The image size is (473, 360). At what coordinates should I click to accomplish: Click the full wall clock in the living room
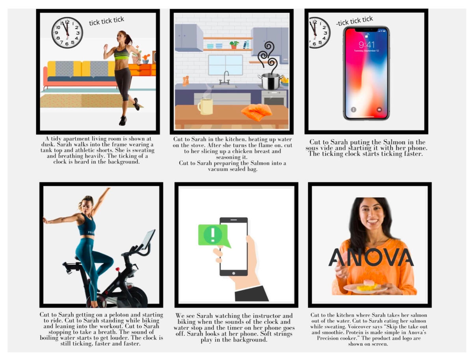click(x=67, y=33)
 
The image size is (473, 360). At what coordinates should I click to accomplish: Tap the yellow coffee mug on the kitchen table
click(x=205, y=107)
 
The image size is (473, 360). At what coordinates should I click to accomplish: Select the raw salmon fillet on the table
click(x=256, y=112)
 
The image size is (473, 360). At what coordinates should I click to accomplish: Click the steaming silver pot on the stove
click(x=271, y=81)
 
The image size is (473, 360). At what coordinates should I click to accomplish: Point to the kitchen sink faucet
click(x=225, y=78)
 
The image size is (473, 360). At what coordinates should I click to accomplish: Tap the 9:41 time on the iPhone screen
click(x=366, y=45)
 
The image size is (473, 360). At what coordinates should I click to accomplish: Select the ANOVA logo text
click(x=371, y=257)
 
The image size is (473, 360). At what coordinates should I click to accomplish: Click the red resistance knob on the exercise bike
click(x=117, y=269)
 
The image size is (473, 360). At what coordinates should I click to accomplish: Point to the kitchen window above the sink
click(x=225, y=65)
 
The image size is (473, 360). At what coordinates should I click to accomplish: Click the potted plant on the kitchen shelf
click(x=234, y=45)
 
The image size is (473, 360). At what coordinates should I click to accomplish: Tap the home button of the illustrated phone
click(x=234, y=273)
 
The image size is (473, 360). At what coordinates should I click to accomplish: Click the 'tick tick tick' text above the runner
click(x=106, y=21)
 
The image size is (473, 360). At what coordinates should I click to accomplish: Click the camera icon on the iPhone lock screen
click(x=379, y=109)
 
